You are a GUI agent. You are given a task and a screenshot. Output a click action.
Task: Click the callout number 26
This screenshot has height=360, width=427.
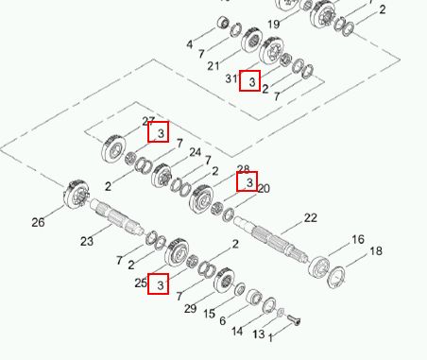point(38,222)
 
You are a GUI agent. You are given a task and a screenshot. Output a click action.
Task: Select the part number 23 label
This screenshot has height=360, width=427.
point(87,241)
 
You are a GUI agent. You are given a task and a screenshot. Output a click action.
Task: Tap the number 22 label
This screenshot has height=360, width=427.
point(311,218)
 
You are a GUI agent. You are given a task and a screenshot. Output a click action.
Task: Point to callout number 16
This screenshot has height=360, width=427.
point(358,239)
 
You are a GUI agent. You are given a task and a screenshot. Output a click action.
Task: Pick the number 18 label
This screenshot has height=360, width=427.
point(376,251)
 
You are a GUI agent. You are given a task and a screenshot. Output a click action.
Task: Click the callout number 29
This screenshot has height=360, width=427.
point(190,309)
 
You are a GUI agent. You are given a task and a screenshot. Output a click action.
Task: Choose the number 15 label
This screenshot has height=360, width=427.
point(209,314)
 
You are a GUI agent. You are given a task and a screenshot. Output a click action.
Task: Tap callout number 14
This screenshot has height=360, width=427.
point(237,332)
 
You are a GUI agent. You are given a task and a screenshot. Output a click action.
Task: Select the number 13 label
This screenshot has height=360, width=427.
point(259,334)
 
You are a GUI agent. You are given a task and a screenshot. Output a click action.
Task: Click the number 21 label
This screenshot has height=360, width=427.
point(213,66)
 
